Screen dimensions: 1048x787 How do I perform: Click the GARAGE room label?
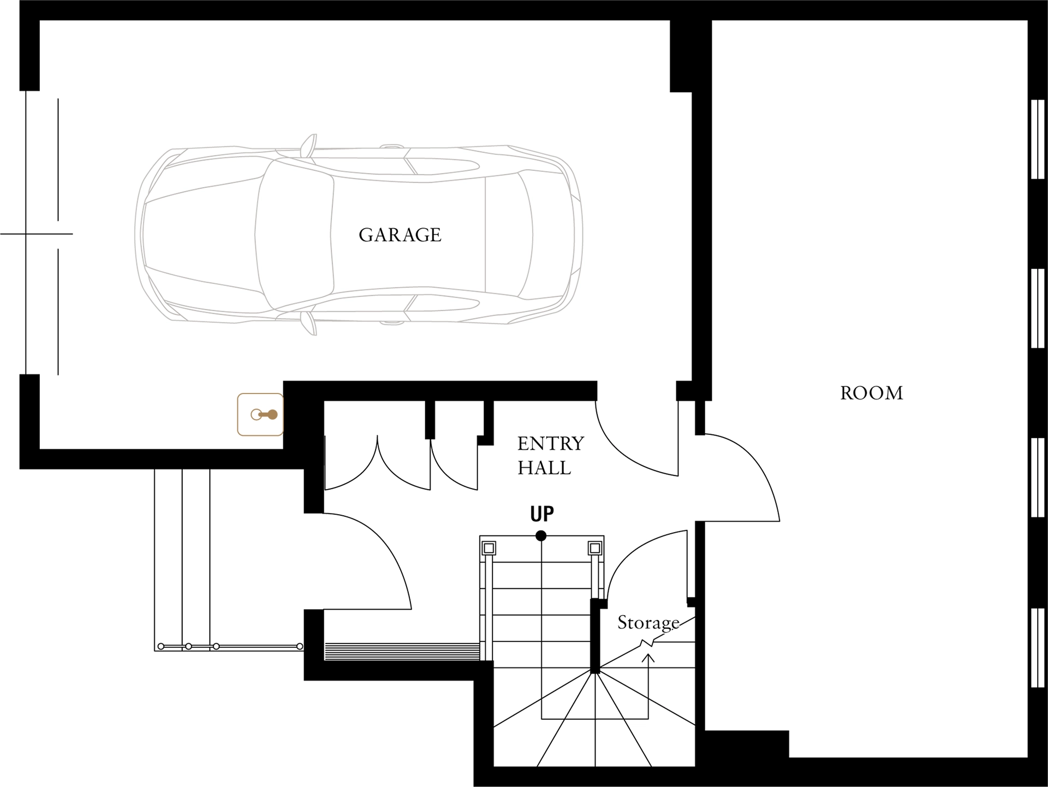coord(400,235)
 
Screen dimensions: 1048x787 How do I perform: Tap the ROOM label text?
coord(871,393)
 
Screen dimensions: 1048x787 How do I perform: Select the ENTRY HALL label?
coord(551,455)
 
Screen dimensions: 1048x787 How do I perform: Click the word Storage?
coord(648,623)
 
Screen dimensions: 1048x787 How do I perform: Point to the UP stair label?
coord(542,514)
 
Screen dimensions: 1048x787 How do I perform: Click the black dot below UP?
coord(541,536)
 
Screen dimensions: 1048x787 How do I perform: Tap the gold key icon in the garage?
coord(260,415)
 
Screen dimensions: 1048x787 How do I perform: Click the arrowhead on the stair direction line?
coord(648,658)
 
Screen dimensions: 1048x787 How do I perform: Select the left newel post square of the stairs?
coord(489,548)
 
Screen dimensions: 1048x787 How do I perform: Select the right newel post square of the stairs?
coord(595,548)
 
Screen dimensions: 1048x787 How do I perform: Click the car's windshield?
coord(295,235)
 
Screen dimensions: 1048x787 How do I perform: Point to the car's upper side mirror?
coord(308,145)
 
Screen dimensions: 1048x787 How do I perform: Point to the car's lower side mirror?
coord(308,323)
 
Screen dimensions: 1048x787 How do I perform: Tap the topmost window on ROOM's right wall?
coord(1037,139)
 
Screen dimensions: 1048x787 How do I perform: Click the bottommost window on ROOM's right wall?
coord(1037,647)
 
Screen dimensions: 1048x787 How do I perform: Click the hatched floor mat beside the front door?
coord(402,652)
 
